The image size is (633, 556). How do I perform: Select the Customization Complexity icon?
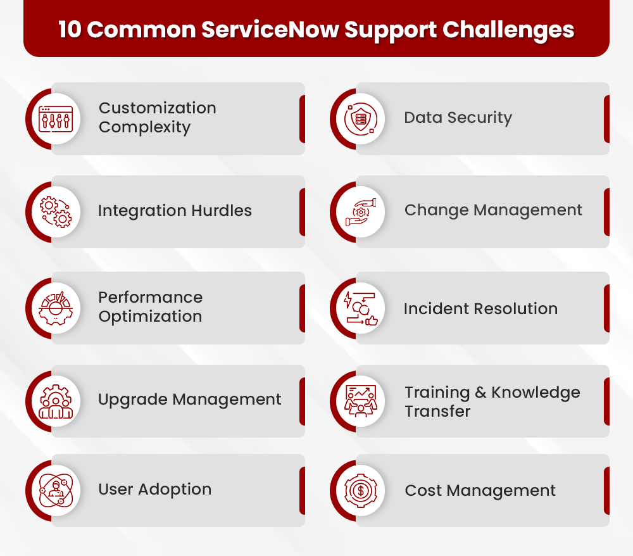(x=56, y=118)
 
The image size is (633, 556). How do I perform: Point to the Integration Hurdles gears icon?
(x=56, y=212)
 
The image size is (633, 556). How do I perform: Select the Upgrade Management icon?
(x=56, y=401)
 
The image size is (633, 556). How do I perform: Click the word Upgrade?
(x=132, y=400)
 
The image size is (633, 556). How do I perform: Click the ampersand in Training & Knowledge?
(x=480, y=393)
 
